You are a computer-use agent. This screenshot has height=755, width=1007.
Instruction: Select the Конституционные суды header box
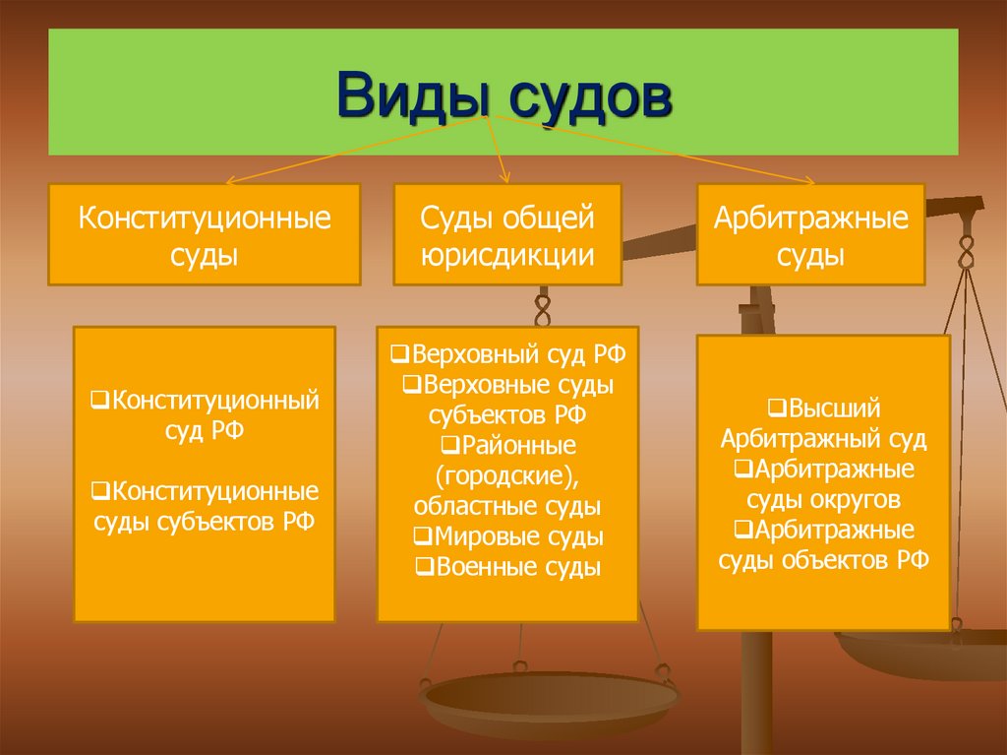pyautogui.click(x=205, y=234)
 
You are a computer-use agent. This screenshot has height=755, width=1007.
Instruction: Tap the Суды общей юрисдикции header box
pyautogui.click(x=507, y=234)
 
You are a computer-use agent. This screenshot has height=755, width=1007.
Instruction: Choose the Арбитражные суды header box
pyautogui.click(x=811, y=234)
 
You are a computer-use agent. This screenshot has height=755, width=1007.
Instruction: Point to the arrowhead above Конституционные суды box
pyautogui.click(x=230, y=181)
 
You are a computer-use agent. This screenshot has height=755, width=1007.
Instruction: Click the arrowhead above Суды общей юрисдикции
pyautogui.click(x=506, y=178)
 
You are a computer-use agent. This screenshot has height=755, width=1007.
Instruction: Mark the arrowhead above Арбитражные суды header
pyautogui.click(x=810, y=180)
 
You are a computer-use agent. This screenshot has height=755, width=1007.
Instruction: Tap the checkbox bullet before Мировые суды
pyautogui.click(x=421, y=537)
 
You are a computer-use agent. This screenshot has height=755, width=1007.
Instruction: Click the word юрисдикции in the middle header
pyautogui.click(x=507, y=255)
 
